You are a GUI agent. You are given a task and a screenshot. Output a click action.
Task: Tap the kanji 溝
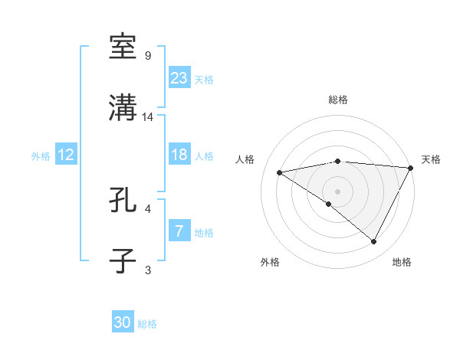point(124,107)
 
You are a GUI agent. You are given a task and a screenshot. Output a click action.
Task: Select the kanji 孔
point(124,199)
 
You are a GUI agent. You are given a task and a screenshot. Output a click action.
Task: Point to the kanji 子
point(124,260)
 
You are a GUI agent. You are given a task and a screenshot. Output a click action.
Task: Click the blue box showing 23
point(179,77)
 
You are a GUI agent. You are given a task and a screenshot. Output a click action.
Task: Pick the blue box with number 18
point(179,155)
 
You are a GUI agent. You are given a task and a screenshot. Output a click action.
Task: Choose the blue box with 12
point(66,155)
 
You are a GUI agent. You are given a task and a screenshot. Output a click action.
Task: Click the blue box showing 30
point(123,322)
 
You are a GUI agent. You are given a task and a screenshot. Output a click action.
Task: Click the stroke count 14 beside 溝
point(149,117)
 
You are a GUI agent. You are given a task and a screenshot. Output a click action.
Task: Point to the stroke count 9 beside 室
point(148,56)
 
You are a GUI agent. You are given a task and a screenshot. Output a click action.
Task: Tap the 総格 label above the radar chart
point(337,100)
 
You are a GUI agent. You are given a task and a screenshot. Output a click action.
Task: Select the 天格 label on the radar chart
point(431,159)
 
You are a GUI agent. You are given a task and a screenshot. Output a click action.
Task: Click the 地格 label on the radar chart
point(402,262)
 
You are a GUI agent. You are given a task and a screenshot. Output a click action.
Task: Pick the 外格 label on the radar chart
point(270,262)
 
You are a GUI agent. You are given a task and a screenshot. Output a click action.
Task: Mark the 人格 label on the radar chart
point(245,159)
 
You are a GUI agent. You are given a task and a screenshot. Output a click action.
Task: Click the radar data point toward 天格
point(411,168)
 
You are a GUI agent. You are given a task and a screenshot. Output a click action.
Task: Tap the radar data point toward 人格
point(280,172)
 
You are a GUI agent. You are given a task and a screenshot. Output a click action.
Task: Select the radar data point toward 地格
point(374,242)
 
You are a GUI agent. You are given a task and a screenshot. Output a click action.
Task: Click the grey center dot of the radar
point(337,191)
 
